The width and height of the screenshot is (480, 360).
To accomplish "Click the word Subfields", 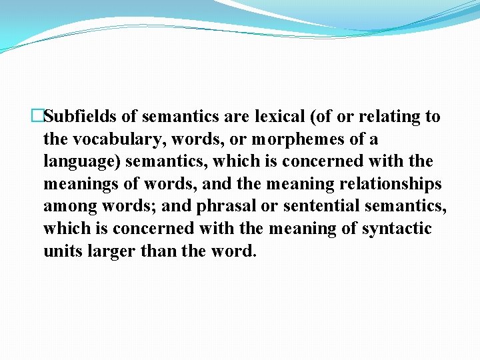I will click(x=81, y=117).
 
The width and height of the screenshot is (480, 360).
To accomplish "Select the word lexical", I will click(x=279, y=117).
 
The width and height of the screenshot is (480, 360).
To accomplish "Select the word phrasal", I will click(x=225, y=207).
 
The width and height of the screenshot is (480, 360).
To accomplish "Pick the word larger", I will click(x=112, y=251).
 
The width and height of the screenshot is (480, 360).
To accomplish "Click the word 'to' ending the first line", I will click(x=433, y=117).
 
